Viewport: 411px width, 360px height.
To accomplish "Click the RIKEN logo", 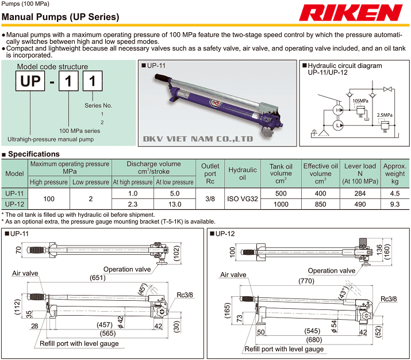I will tap(354, 13).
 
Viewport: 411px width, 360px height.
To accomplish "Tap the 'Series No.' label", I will tap(99, 106).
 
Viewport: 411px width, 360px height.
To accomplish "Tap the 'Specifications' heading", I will tap(33, 154).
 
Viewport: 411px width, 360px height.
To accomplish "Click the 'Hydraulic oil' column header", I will tap(243, 170).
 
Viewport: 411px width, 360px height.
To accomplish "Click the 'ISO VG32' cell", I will tap(243, 198).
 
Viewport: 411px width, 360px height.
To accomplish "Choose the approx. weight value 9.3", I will tap(395, 204).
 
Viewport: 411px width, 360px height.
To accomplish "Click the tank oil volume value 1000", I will tap(281, 204).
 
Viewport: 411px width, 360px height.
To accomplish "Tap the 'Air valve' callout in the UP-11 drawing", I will tap(25, 274).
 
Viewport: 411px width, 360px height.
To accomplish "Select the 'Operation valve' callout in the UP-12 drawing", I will tap(332, 271).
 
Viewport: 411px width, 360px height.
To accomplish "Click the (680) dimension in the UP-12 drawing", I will tap(316, 339).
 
